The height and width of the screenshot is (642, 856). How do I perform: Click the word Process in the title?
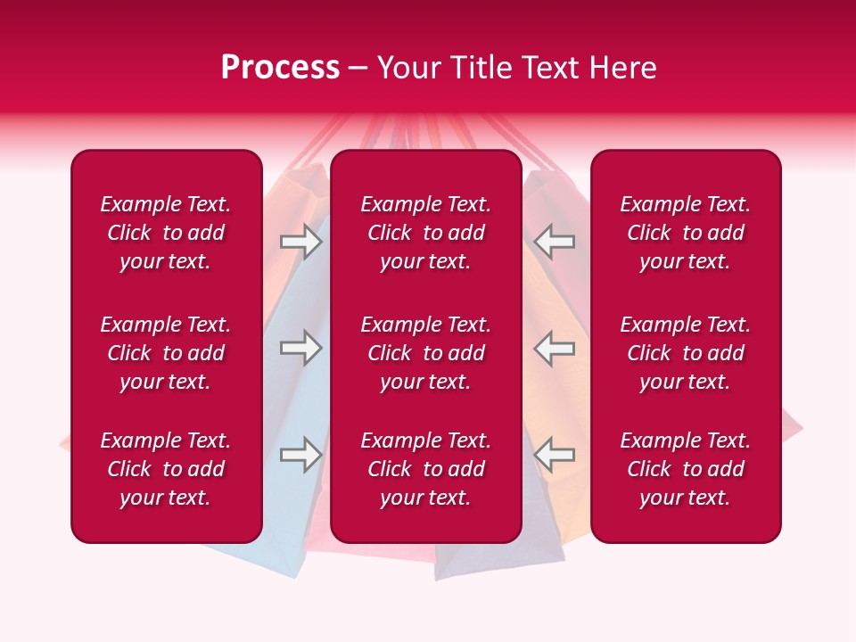tap(280, 68)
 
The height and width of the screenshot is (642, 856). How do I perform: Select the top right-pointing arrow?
tap(300, 242)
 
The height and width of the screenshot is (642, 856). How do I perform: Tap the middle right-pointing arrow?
tap(300, 348)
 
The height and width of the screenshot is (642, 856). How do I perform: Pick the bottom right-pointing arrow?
tap(300, 455)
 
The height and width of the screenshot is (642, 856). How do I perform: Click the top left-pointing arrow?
tap(555, 242)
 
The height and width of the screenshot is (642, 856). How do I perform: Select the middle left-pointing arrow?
tap(555, 348)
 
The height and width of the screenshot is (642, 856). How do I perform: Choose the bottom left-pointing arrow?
tap(555, 455)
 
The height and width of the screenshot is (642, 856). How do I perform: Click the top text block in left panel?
tap(166, 233)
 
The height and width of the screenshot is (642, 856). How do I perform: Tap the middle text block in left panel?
tap(166, 353)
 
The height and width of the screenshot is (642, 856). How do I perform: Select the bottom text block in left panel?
tap(166, 469)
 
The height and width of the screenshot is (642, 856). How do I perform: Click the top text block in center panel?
tap(425, 233)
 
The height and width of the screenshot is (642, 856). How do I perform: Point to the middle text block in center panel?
tap(425, 353)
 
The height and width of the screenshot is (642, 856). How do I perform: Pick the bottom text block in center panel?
tap(425, 469)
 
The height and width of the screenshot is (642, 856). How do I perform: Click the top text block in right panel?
tap(685, 233)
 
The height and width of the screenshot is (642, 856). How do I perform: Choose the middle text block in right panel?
tap(685, 353)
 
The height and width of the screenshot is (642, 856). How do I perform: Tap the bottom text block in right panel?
tap(685, 469)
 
